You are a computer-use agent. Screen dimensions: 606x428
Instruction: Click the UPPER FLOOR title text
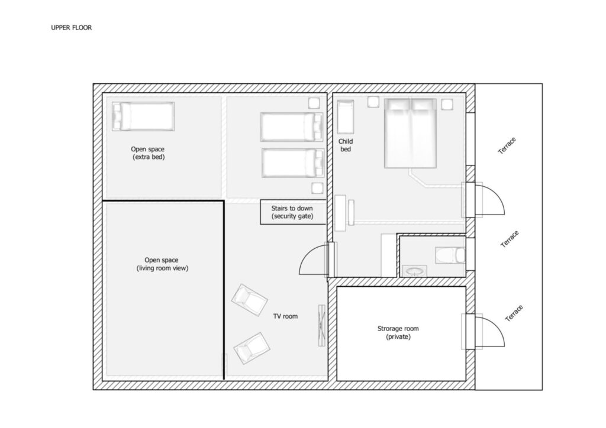click(x=72, y=28)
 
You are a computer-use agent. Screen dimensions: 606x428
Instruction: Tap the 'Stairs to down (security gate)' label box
click(x=292, y=212)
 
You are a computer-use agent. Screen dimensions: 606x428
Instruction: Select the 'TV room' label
click(x=285, y=316)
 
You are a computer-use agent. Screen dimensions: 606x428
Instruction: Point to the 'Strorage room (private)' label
click(x=398, y=333)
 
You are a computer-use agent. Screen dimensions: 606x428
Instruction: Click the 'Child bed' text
click(x=346, y=145)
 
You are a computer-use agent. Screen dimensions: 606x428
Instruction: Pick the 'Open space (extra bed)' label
click(x=147, y=153)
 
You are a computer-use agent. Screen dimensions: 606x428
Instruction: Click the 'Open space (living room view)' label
click(x=162, y=264)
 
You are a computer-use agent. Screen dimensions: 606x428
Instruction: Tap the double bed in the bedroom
click(x=411, y=133)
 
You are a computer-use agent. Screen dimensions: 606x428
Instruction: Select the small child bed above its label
click(x=346, y=117)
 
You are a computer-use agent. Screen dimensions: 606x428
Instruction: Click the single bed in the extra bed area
click(x=143, y=116)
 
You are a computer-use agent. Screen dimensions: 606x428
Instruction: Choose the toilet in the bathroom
click(x=450, y=255)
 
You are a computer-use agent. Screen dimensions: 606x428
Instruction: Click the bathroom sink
click(x=415, y=271)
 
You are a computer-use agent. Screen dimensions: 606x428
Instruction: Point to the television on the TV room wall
click(x=321, y=325)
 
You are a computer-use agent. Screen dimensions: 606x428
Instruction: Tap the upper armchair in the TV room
click(x=249, y=300)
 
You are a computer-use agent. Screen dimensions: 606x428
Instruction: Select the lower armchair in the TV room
click(x=252, y=348)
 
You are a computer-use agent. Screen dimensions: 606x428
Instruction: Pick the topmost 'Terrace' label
click(x=507, y=145)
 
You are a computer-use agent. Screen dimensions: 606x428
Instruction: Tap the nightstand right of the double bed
click(x=447, y=105)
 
